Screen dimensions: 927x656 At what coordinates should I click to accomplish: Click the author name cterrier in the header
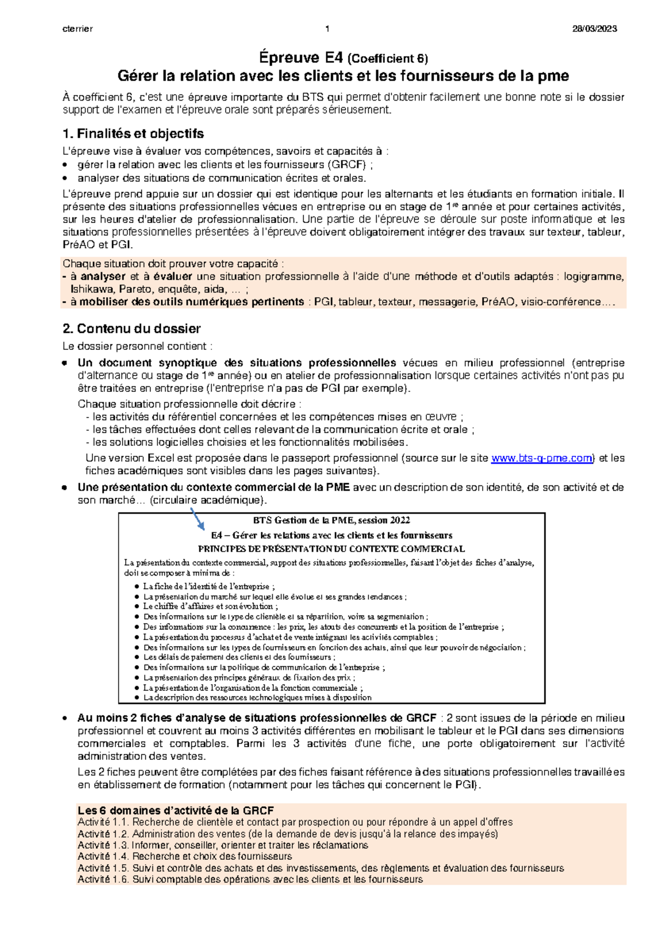click(x=78, y=29)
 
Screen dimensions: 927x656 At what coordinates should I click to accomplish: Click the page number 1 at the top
click(x=327, y=29)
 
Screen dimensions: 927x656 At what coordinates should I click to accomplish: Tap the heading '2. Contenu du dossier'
click(x=131, y=329)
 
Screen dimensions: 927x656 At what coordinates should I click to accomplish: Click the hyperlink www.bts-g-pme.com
click(x=542, y=459)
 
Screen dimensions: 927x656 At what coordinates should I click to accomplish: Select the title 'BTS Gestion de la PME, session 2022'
click(x=332, y=520)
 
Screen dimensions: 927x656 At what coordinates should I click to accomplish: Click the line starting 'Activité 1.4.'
click(x=185, y=856)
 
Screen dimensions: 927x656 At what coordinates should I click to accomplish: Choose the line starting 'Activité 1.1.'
click(x=295, y=822)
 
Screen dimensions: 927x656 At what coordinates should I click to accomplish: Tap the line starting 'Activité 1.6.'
click(x=250, y=879)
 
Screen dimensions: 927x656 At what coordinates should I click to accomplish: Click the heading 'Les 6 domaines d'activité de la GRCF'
click(x=175, y=810)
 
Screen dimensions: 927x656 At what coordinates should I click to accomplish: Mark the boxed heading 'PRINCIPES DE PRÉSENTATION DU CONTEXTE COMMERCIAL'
click(x=331, y=549)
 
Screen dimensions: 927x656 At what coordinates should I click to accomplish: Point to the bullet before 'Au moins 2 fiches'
click(x=65, y=718)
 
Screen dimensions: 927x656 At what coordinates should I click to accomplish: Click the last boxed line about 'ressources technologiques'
click(x=257, y=697)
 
